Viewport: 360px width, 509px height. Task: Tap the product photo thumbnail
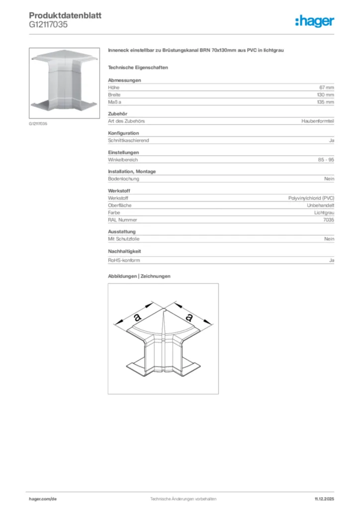pos(65,83)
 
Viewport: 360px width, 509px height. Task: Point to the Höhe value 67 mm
pos(327,87)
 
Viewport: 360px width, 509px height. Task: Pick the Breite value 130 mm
pos(326,94)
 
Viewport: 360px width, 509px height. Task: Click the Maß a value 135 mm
pos(326,102)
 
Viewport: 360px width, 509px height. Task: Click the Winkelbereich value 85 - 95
pos(326,160)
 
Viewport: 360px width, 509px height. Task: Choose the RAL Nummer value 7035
pos(329,220)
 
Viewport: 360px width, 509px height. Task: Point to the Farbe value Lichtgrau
pos(324,213)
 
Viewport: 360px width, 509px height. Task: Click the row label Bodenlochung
pos(123,179)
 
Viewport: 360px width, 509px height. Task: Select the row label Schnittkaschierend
pos(128,141)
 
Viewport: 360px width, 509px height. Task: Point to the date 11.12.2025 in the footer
pos(324,499)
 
